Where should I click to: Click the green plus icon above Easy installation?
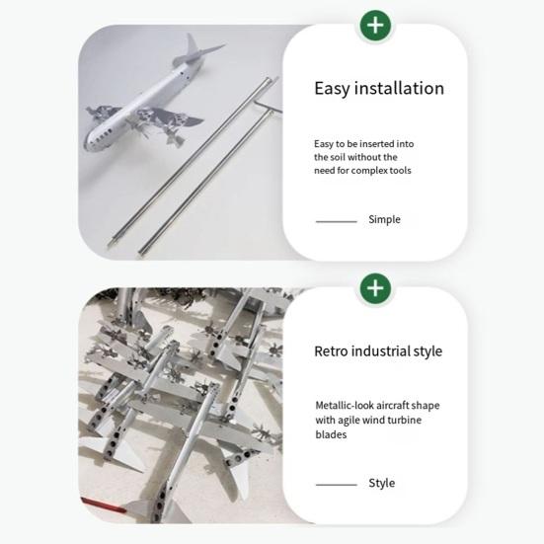[x=375, y=26]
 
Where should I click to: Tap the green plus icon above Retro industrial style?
[x=375, y=288]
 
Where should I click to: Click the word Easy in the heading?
[x=331, y=89]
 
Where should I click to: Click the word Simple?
[x=384, y=219]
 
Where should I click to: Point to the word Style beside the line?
[x=382, y=483]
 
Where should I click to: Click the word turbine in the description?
[x=405, y=420]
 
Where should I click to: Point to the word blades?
[x=331, y=434]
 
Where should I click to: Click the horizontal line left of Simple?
[x=337, y=221]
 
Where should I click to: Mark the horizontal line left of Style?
[x=337, y=485]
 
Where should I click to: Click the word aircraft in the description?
[x=393, y=405]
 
